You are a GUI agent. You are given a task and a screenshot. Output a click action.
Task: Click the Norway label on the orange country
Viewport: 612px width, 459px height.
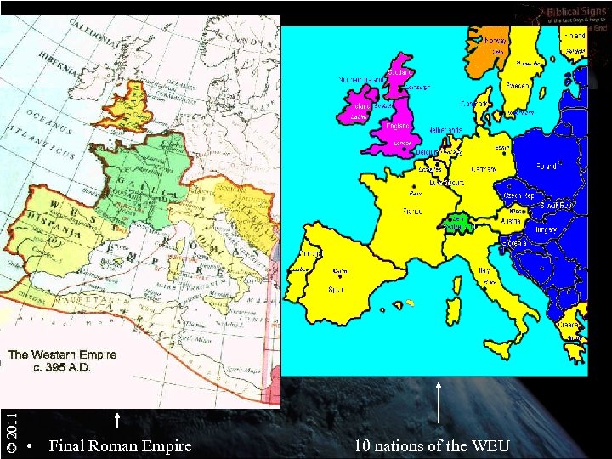coord(496,40)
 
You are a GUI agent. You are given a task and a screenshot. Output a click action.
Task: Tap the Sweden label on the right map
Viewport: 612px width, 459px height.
coord(517,85)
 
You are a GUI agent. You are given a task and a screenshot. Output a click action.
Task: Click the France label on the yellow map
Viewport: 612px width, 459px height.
coord(411,211)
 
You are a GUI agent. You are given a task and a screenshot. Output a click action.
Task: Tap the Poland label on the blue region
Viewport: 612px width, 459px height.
coord(545,167)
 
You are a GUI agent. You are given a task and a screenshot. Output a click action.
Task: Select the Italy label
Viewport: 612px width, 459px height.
coord(481,270)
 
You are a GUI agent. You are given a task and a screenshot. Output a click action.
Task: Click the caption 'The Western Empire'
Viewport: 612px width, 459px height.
coord(62,354)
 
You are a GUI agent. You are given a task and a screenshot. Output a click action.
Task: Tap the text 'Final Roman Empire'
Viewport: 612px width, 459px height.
coord(120,445)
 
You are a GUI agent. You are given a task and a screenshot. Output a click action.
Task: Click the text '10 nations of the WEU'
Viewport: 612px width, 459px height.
coord(433,445)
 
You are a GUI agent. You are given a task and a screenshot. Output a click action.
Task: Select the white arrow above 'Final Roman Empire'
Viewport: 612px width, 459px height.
coord(116,422)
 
